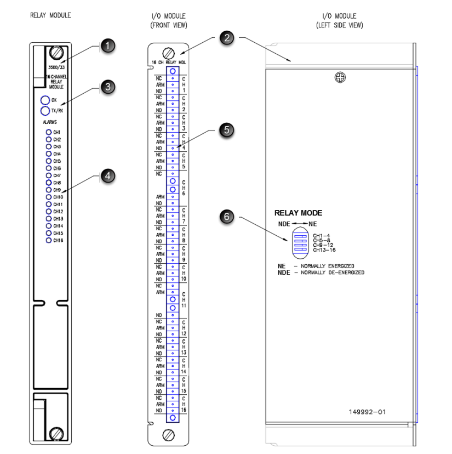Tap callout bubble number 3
tap(108, 87)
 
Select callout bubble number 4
tap(108, 176)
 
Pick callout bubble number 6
tap(226, 217)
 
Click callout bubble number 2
tap(226, 38)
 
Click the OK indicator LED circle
tap(45, 100)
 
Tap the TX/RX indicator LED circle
tap(45, 111)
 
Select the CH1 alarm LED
tap(49, 133)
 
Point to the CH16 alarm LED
tap(49, 240)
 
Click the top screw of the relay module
tap(55, 53)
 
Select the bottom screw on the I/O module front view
tap(169, 436)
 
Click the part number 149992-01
tap(367, 411)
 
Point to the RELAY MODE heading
tap(298, 213)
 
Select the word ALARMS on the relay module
tap(50, 123)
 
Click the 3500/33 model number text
tap(56, 67)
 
